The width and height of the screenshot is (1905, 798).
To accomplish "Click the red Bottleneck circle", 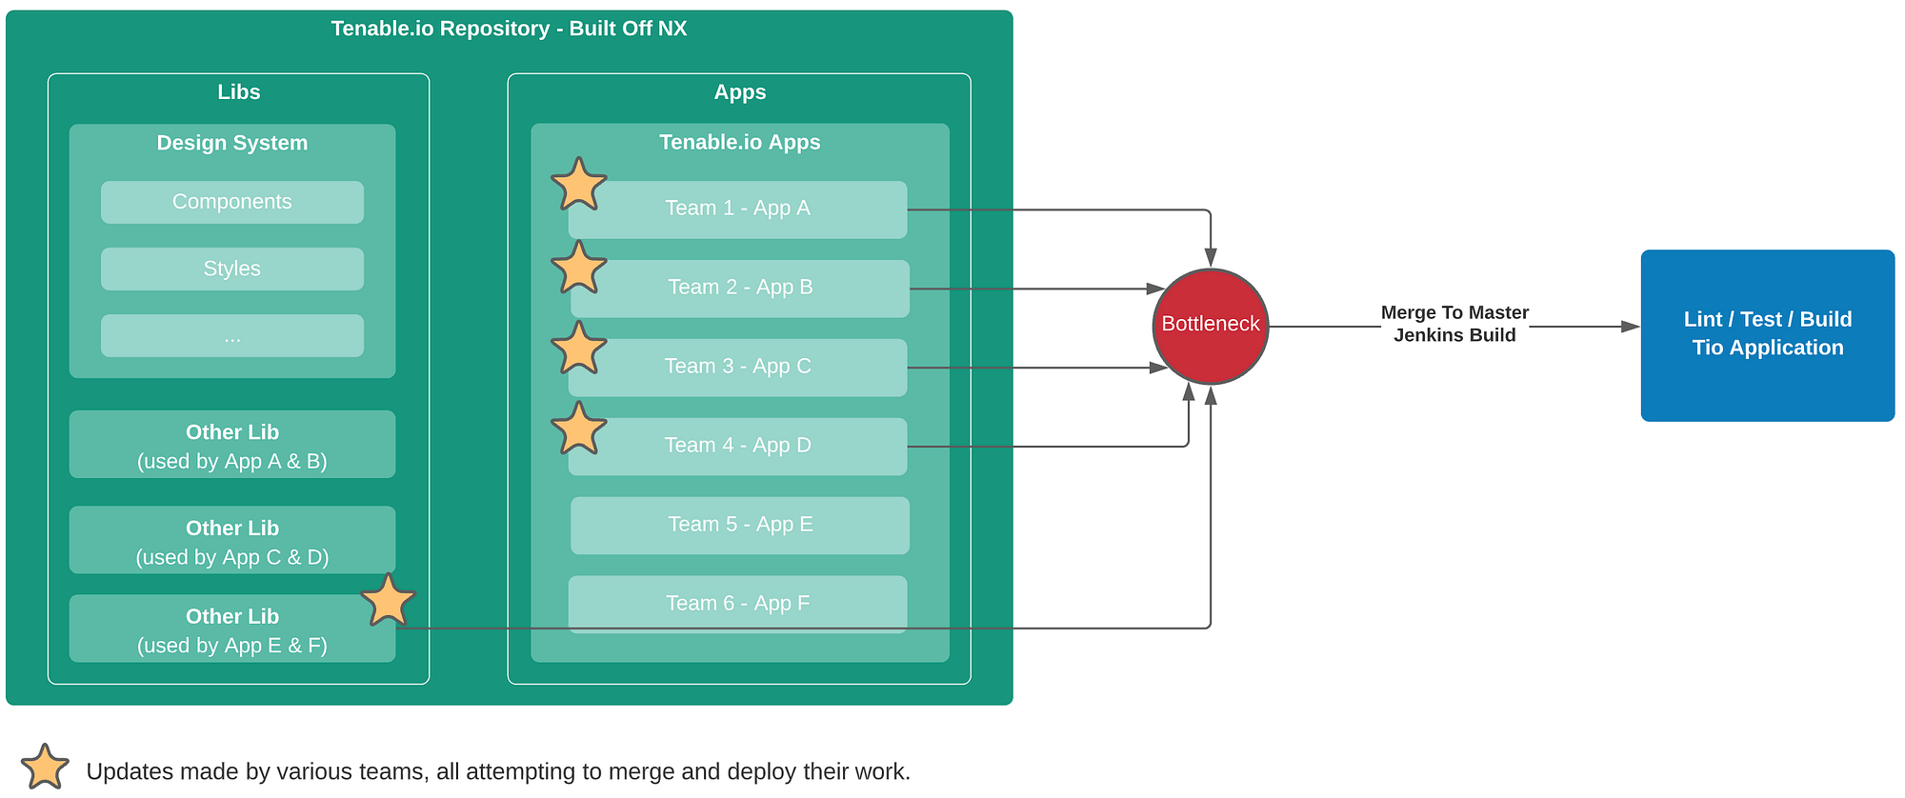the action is pos(1211,327).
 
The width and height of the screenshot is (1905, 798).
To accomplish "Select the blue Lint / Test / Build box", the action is pos(1768,335).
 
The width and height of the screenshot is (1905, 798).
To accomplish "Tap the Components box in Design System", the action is pos(232,202).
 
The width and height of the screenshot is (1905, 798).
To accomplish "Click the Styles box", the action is pos(232,269).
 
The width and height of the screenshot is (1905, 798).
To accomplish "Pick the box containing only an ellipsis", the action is pos(232,335).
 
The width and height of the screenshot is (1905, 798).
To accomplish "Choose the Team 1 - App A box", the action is pos(738,209).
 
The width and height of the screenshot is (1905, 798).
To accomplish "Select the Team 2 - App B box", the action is pos(740,289).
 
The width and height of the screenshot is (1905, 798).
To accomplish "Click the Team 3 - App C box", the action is pos(738,368).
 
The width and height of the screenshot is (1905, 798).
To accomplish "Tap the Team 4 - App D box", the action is pos(738,447).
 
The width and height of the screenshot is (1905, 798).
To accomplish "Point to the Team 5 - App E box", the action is pos(740,526).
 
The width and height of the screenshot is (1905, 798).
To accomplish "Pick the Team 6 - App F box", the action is pos(738,604).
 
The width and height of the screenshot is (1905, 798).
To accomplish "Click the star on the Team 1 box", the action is pos(578,185).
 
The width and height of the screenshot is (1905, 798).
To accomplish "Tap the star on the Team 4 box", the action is pos(578,429).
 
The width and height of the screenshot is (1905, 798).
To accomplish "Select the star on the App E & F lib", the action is pos(388,600).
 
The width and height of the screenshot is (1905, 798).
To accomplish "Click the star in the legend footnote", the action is pos(45,767).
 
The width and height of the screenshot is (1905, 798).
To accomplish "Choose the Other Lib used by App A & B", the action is pos(232,445).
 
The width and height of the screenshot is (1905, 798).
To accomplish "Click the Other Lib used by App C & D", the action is pos(232,540).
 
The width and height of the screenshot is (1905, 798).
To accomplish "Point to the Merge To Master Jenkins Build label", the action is pos(1454,324).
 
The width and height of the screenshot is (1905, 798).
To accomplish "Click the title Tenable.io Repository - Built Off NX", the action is pos(509,29).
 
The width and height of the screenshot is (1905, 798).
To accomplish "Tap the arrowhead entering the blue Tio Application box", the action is pos(1631,327).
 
